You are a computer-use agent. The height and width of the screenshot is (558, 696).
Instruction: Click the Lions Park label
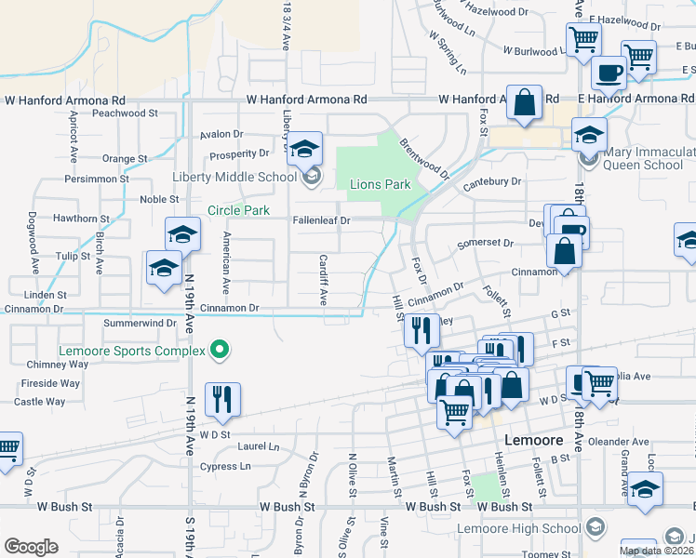click(x=380, y=184)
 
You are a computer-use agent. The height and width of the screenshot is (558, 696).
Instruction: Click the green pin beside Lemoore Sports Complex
click(x=220, y=351)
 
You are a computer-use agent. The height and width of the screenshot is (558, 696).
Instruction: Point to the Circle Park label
click(x=238, y=210)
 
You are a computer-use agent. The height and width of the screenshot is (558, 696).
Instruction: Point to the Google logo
click(x=31, y=547)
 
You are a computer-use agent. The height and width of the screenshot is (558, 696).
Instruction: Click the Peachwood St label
click(x=120, y=113)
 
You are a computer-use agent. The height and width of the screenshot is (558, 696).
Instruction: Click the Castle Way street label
click(x=40, y=402)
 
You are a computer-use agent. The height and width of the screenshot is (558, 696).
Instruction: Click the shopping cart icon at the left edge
click(x=6, y=450)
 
